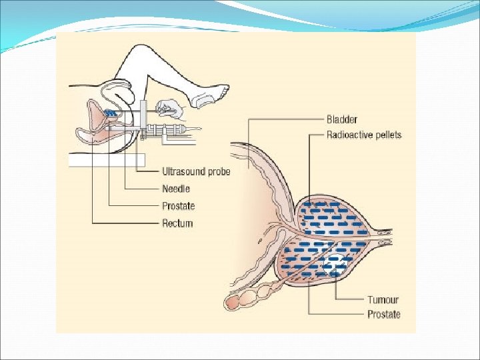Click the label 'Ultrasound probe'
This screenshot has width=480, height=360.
[x=196, y=172]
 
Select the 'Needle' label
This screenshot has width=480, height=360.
[x=176, y=189]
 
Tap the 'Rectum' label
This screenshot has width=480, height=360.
[x=177, y=223]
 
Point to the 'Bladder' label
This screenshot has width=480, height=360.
[x=342, y=120]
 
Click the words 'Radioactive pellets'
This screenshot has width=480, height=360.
[x=364, y=135]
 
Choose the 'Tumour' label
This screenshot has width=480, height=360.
[x=383, y=300]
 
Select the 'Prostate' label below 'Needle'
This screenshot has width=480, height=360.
[x=179, y=206]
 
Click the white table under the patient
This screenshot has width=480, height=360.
[x=107, y=160]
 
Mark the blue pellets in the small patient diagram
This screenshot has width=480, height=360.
[x=111, y=114]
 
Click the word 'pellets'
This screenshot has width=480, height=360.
[x=387, y=135]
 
